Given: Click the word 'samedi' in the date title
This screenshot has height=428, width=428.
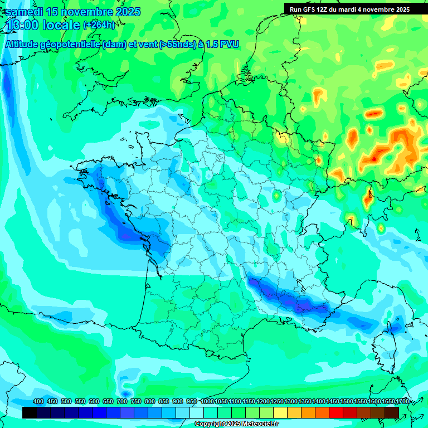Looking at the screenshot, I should pyautogui.click(x=25, y=12).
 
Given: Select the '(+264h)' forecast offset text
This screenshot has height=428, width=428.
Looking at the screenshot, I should pyautogui.click(x=99, y=25).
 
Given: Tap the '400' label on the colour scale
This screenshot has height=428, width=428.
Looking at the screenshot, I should pyautogui.click(x=38, y=402).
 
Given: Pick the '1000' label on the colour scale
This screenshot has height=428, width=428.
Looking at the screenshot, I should pyautogui.click(x=207, y=402).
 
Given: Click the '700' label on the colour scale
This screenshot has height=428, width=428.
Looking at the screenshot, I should pyautogui.click(x=121, y=402).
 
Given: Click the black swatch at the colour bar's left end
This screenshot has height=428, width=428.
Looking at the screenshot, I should pyautogui.click(x=30, y=412).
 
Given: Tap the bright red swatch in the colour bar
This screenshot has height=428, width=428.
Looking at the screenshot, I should pyautogui.click(x=335, y=412).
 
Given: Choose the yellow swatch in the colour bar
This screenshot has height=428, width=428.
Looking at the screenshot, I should pyautogui.click(x=280, y=412).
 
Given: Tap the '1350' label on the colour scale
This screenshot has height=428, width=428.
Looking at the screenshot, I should pyautogui.click(x=305, y=402).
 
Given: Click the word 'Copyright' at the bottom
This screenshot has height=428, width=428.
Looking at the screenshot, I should pyautogui.click(x=209, y=424).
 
